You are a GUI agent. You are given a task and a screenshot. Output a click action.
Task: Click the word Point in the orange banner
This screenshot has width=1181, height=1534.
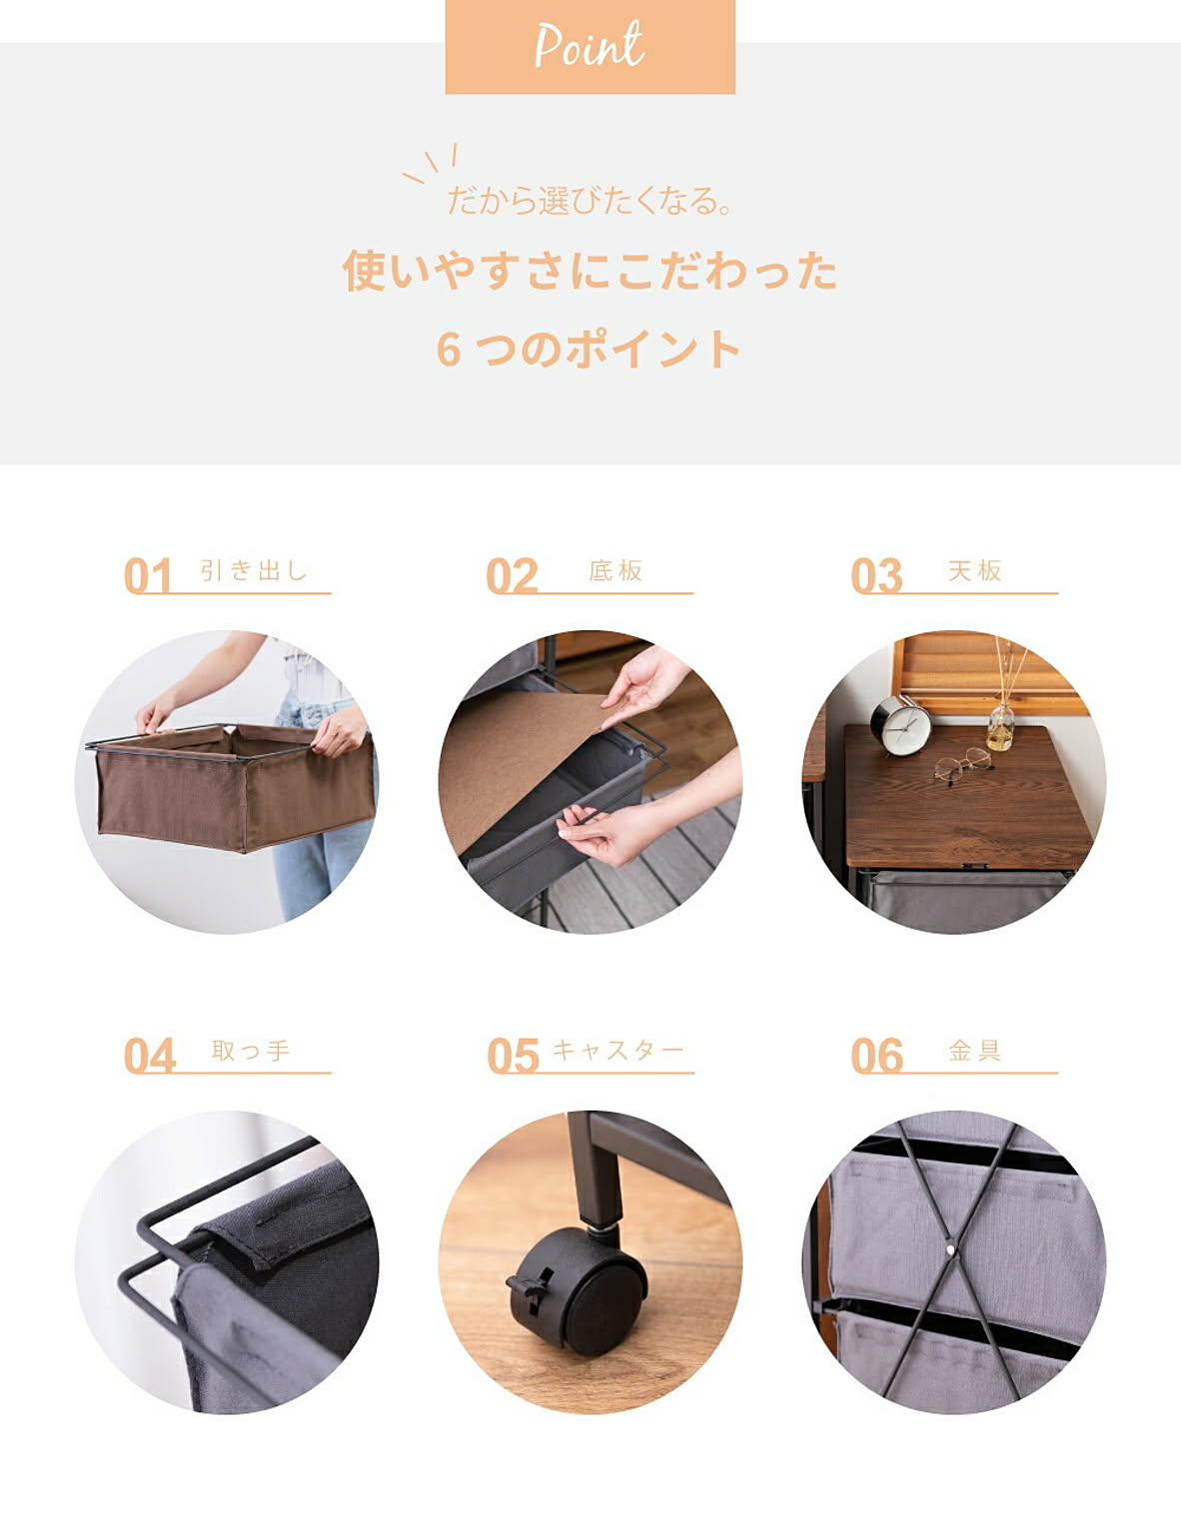(x=589, y=45)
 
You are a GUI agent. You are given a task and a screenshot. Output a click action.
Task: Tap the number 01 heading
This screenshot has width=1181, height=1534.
(x=148, y=575)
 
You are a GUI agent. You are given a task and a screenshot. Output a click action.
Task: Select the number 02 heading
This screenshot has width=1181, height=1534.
(x=512, y=575)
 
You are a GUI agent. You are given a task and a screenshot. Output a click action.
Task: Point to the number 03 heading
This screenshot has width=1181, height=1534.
(x=876, y=575)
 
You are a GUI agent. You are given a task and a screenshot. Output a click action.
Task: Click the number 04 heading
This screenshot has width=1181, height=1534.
(x=149, y=1056)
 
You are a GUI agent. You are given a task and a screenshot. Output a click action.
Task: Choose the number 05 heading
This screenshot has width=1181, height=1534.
(x=513, y=1056)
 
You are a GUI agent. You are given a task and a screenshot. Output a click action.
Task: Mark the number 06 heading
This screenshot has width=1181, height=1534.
(x=876, y=1056)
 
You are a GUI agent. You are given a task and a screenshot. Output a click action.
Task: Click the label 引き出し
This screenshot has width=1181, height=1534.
(x=254, y=570)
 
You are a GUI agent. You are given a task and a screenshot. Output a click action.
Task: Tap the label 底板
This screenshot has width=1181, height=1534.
(x=616, y=570)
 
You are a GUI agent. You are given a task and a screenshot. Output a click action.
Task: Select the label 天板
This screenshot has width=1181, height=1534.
(x=975, y=570)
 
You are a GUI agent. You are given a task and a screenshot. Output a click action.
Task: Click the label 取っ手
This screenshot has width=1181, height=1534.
(x=251, y=1051)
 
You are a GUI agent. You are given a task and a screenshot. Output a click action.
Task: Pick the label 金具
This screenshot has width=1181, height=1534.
(x=975, y=1051)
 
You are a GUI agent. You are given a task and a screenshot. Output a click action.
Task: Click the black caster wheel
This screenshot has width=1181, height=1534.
(x=577, y=1291)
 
